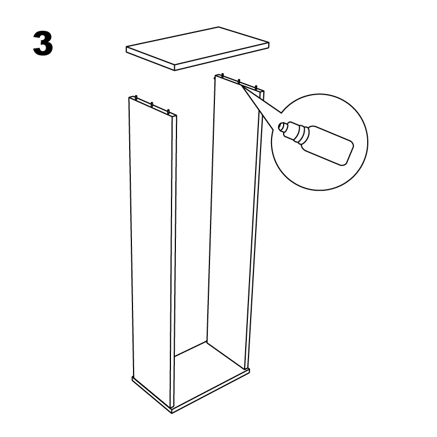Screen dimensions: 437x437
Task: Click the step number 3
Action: (43, 43)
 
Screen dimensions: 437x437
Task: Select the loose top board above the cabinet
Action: (197, 48)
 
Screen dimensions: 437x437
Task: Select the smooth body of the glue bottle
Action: (329, 146)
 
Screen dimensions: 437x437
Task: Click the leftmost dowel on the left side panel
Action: (136, 97)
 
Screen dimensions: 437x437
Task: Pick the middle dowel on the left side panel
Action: (152, 105)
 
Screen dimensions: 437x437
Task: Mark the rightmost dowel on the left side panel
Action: (168, 112)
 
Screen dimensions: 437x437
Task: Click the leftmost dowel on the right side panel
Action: (223, 75)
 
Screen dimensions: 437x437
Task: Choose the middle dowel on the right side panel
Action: (239, 81)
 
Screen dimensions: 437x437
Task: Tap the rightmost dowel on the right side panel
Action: (256, 88)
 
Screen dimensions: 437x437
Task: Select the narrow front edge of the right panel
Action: (254, 229)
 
